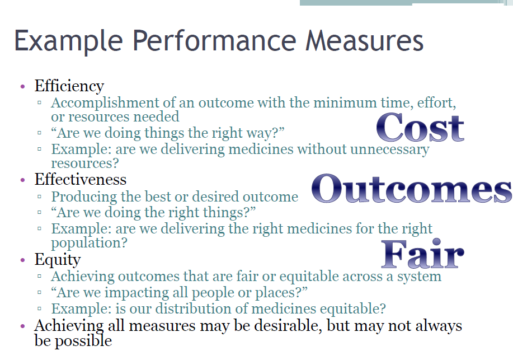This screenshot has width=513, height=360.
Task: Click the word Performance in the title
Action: tap(214, 41)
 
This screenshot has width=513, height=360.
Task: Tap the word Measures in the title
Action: tap(364, 41)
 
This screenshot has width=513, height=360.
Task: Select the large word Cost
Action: tap(420, 128)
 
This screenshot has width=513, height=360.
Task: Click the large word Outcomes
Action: tap(412, 188)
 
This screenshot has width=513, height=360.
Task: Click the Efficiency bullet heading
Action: tap(69, 86)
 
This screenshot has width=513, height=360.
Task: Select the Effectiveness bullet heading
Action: tap(81, 180)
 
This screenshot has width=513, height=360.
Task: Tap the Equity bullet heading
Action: tap(58, 260)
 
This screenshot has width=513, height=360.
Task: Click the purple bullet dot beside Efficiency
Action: tap(22, 86)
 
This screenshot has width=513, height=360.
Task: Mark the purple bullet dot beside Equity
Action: tap(22, 260)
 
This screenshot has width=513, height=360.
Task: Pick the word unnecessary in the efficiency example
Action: tap(390, 149)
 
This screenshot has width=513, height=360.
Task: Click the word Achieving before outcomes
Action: tap(83, 277)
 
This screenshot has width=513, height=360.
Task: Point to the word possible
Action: tap(83, 342)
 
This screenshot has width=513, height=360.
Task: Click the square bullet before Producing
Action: tap(39, 197)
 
